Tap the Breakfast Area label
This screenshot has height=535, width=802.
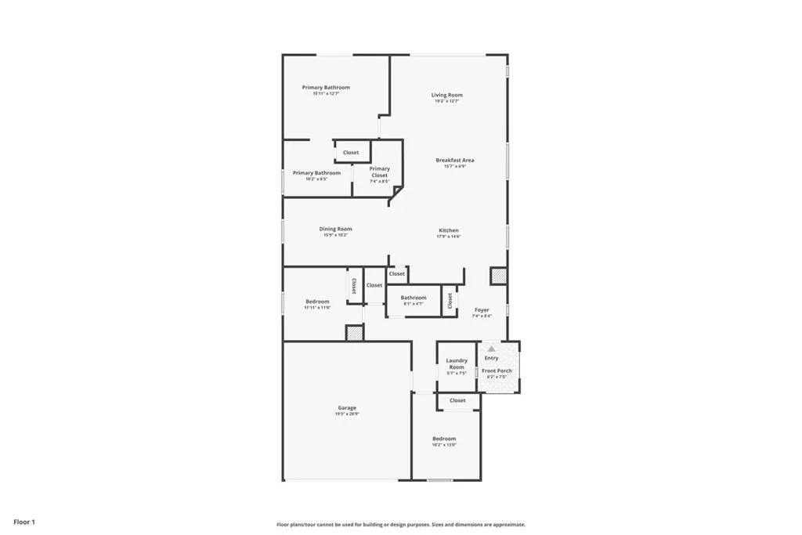(455, 160)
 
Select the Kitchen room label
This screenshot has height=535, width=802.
(449, 230)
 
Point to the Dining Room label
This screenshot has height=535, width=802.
(335, 229)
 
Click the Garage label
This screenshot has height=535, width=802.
(347, 407)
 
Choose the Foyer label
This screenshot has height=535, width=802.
(482, 310)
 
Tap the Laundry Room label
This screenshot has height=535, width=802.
(457, 363)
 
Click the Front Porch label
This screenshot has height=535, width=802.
(497, 371)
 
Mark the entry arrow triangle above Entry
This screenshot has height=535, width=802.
(491, 348)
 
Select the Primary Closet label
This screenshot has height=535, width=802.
(380, 172)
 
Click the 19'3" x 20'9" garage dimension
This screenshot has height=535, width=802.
(347, 414)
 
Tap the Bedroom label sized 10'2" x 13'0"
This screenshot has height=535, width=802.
(444, 439)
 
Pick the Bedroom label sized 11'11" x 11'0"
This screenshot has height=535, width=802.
(317, 301)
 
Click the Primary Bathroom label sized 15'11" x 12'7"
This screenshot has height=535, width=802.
(326, 87)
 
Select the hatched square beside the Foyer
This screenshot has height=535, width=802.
(498, 276)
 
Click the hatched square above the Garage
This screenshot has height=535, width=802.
(355, 333)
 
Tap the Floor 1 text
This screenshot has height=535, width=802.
(23, 522)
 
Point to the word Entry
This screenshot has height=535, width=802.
(491, 358)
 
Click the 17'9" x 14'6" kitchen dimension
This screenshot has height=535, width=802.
(449, 237)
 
